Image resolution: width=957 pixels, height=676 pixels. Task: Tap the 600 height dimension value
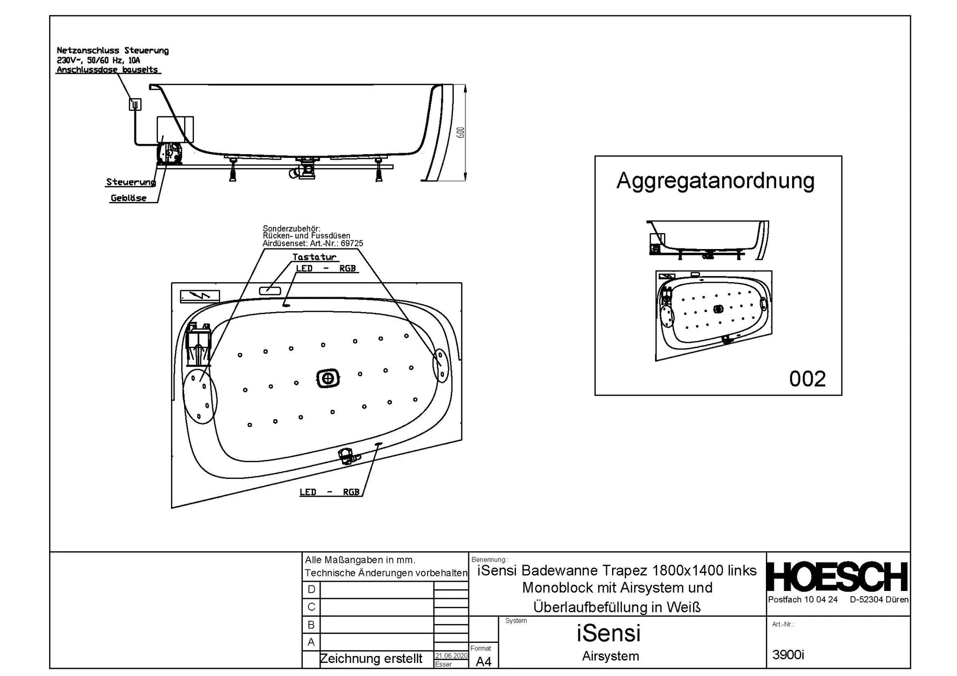[461, 133]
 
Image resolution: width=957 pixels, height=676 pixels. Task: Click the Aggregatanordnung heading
[715, 181]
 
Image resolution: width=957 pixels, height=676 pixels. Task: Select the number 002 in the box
[807, 379]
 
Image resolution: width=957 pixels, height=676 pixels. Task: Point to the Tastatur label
[314, 257]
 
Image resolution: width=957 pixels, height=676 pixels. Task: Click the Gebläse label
[129, 198]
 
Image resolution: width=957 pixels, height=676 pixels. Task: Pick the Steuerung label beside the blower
[130, 182]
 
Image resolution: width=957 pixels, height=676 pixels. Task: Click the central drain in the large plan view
[328, 378]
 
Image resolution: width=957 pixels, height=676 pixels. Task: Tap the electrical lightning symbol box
[200, 296]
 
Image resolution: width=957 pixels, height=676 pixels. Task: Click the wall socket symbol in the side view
[135, 104]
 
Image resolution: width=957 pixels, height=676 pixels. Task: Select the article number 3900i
[788, 655]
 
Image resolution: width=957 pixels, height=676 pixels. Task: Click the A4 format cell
[484, 662]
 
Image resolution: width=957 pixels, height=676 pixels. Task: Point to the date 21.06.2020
[451, 656]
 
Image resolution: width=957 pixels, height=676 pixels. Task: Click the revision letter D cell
[311, 590]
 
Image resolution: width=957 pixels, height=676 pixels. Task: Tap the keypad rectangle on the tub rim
[270, 290]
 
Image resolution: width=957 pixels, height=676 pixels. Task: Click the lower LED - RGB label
[329, 492]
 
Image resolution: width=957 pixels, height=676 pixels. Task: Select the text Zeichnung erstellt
[371, 659]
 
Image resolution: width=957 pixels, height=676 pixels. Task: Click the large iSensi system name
[608, 633]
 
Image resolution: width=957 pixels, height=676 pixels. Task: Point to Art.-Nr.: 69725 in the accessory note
[336, 243]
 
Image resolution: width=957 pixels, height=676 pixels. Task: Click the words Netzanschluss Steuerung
[113, 50]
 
